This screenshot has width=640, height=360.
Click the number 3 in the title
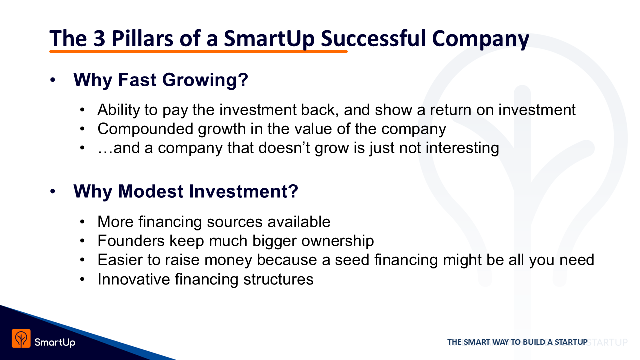point(99,38)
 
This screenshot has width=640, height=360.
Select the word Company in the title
point(481,39)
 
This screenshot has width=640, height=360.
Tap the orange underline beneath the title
point(198,51)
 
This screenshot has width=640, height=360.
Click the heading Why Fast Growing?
point(161,80)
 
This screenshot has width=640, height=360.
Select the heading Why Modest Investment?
point(186,191)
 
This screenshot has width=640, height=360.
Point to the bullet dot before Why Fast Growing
point(53,80)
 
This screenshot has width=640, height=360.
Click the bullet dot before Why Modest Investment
point(53,191)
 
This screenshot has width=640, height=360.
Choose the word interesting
point(462,148)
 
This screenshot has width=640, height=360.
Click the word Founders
point(131,241)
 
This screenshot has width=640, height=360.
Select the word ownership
point(337,241)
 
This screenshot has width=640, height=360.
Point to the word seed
point(352,260)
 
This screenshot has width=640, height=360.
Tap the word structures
point(278,279)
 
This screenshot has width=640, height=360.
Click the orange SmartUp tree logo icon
point(21,339)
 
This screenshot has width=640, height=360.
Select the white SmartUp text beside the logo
point(55,342)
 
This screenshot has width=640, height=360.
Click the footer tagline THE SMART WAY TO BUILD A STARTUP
point(517,342)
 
